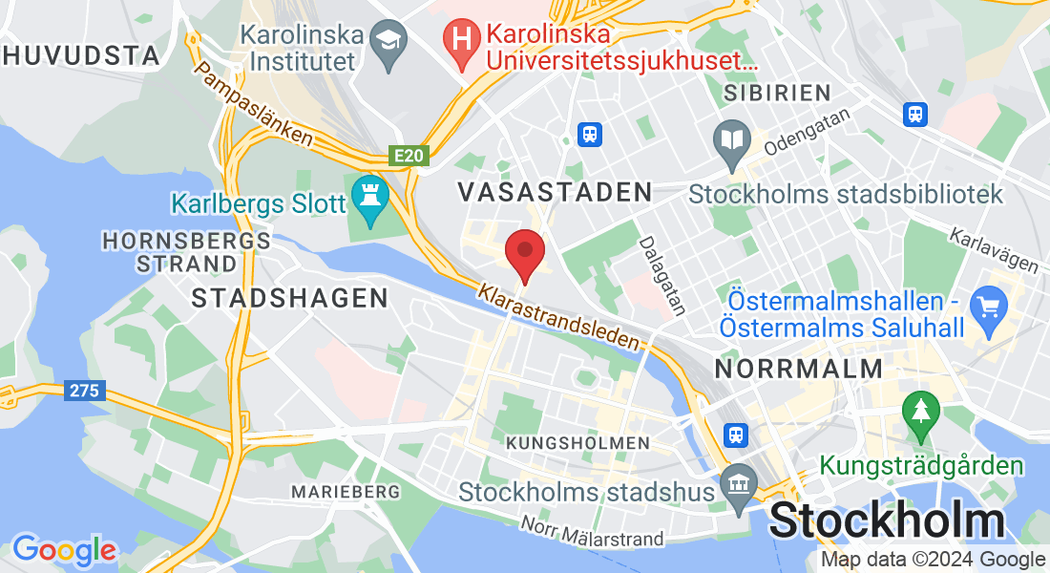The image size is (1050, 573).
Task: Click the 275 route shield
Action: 85,391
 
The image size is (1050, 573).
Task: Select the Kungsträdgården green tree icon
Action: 921,414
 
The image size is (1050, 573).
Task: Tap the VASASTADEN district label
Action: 555,192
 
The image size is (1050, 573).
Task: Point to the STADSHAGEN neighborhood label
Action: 290,298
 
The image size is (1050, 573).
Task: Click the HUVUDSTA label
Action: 82,55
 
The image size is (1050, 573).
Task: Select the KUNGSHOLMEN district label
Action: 577,443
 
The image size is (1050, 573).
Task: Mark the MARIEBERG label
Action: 346,491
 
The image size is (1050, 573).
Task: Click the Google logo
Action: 64,549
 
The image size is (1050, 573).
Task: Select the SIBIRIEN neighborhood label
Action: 777,93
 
